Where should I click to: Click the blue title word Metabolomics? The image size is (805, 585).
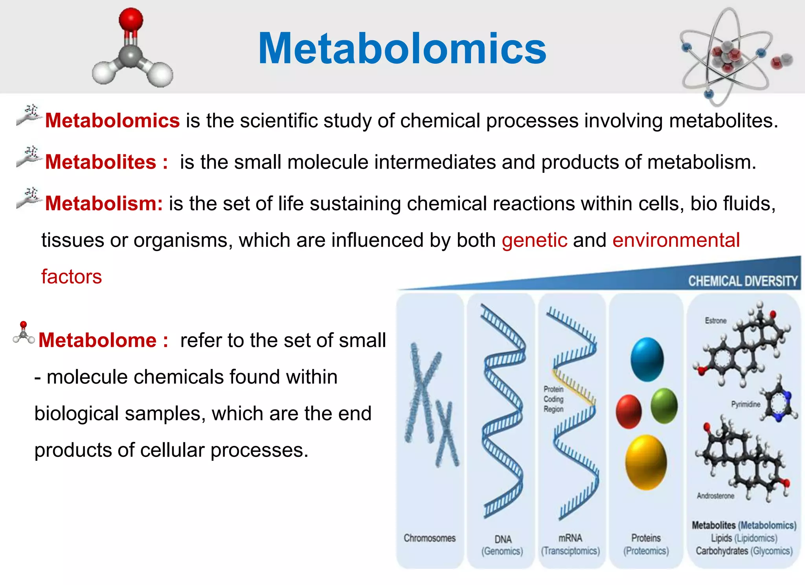tap(402, 48)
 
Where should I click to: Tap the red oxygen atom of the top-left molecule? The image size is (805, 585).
tap(130, 19)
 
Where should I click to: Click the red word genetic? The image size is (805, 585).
tap(535, 240)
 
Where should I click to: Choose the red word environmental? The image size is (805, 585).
tap(676, 240)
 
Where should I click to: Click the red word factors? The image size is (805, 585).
tap(72, 277)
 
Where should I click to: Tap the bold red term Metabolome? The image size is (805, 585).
tap(97, 340)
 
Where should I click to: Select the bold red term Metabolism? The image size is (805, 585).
tap(104, 204)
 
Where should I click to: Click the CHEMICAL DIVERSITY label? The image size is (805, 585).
tap(743, 281)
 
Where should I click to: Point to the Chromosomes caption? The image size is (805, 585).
tap(430, 538)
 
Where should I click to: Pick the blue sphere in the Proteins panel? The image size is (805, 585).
tap(647, 359)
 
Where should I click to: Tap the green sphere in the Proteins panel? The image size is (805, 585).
tap(664, 405)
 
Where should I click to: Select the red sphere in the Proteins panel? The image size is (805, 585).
tap(629, 411)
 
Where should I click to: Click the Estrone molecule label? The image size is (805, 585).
tap(715, 321)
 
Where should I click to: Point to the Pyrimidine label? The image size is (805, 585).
tap(745, 404)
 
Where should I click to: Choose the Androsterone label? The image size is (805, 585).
tap(715, 496)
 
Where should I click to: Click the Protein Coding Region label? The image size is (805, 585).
tap(553, 399)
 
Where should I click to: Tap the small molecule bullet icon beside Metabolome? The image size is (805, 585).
tap(24, 333)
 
